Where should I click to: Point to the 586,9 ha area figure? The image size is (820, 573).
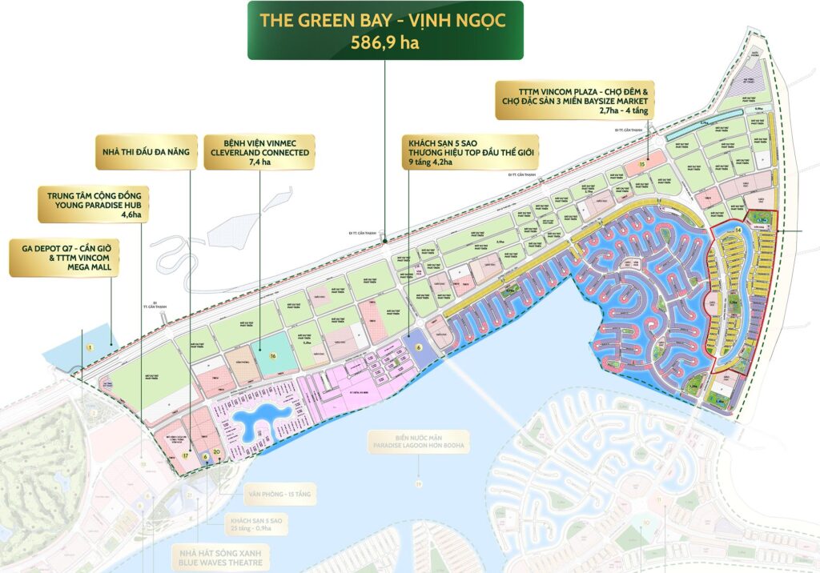385,42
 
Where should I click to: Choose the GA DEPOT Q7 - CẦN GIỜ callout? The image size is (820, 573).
64,255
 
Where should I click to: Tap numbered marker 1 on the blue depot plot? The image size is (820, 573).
90,347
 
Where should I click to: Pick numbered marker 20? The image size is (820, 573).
216,453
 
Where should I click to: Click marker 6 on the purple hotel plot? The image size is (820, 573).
418,347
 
